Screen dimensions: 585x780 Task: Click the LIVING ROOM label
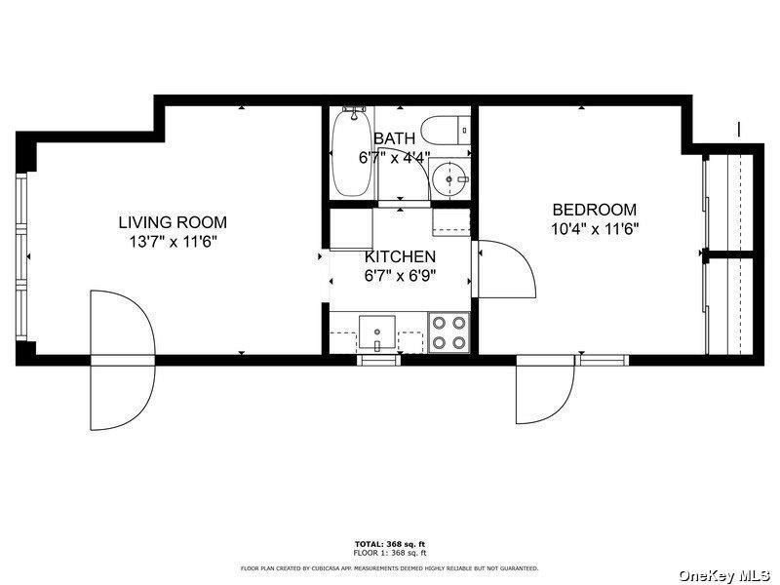pos(173,223)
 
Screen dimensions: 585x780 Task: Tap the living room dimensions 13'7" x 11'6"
pos(173,242)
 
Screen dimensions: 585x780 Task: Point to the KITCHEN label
pos(400,256)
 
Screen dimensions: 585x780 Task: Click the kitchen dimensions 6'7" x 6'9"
pos(400,275)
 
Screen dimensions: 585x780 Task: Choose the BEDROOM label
pos(594,210)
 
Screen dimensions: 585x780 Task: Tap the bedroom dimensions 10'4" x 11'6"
pos(594,229)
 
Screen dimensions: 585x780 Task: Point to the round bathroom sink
pos(450,179)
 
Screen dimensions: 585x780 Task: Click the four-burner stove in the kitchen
pos(448,331)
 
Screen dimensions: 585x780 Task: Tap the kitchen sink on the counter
pos(376,331)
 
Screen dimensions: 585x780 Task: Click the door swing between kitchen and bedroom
pos(505,268)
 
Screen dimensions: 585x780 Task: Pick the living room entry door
pos(122,361)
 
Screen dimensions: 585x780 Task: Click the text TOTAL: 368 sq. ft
pos(389,543)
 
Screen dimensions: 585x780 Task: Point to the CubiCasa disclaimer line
pos(389,567)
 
